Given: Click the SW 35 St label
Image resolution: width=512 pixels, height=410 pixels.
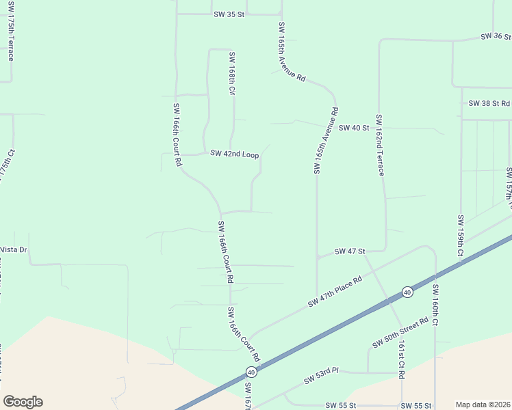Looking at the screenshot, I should click(229, 14).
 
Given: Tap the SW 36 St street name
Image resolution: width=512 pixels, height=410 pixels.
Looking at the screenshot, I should click(496, 36).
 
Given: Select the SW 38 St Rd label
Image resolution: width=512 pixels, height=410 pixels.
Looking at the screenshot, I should click(489, 103).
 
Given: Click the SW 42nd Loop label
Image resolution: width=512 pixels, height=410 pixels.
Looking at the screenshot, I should click(234, 154).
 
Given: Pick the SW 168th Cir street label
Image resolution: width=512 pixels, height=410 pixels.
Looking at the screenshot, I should click(232, 73).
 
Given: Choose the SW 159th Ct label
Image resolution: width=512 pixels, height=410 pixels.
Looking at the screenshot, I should click(460, 236).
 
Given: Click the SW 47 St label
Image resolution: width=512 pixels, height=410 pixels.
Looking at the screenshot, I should click(350, 252).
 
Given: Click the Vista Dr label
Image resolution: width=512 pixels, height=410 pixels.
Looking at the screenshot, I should click(14, 249).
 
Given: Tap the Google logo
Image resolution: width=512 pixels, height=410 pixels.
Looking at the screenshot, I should click(23, 402).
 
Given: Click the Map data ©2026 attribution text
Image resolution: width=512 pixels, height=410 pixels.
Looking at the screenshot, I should click(482, 405).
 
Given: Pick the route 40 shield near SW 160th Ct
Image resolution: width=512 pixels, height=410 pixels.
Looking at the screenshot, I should click(407, 292).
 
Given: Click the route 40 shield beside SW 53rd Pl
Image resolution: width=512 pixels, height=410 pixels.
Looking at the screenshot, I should click(251, 372).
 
